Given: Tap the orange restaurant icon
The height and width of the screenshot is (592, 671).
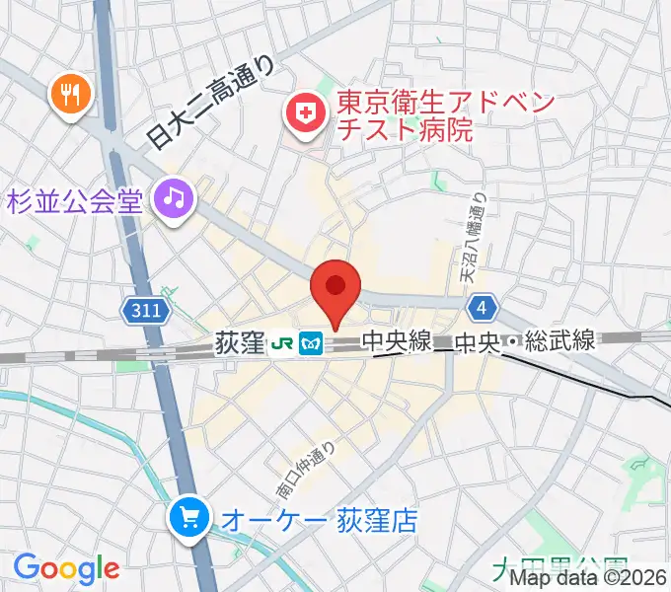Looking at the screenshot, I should [x=70, y=95].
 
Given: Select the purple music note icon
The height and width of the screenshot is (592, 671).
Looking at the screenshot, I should [x=175, y=199].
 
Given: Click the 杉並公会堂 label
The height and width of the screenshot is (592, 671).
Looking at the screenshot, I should [x=76, y=200].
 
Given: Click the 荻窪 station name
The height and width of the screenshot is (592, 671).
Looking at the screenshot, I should [x=239, y=343].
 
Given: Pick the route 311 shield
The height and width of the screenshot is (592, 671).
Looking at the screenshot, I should [x=144, y=311].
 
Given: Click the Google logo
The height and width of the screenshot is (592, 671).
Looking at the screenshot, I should [x=66, y=568].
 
